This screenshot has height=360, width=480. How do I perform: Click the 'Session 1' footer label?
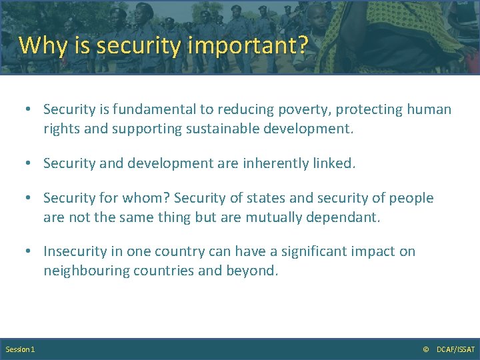(20, 349)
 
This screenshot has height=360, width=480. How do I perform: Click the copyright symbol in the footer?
(426, 349)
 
